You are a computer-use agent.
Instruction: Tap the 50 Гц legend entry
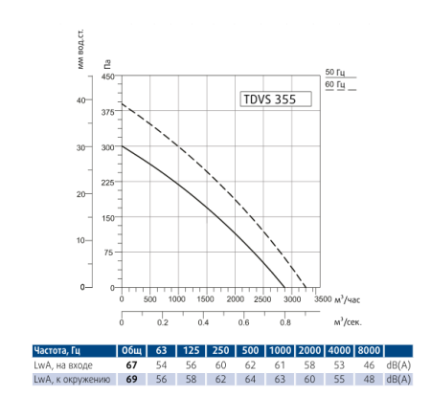(x=334, y=73)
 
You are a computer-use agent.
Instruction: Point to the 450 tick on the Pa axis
(x=107, y=76)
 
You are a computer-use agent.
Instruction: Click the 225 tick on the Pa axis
(x=107, y=182)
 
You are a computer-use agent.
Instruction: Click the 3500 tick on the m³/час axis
(x=322, y=299)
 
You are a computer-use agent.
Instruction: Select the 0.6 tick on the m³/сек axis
(x=244, y=323)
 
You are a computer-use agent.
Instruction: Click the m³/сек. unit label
(x=349, y=323)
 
